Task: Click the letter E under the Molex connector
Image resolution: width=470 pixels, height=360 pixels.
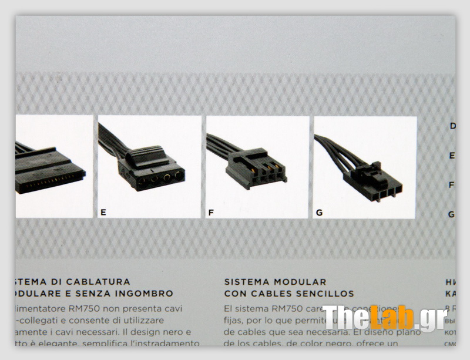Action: click(103, 212)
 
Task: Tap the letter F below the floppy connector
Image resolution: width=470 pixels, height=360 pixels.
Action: click(210, 212)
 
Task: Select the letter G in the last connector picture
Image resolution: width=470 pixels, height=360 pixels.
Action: click(319, 212)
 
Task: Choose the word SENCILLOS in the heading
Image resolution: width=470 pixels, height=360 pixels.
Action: click(326, 293)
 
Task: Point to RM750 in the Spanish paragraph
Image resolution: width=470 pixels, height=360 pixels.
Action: click(287, 308)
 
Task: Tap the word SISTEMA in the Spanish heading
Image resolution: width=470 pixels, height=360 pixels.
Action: click(246, 282)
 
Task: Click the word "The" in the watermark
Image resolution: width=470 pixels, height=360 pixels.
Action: click(343, 318)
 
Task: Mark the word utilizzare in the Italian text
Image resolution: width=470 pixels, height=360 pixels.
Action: click(160, 320)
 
